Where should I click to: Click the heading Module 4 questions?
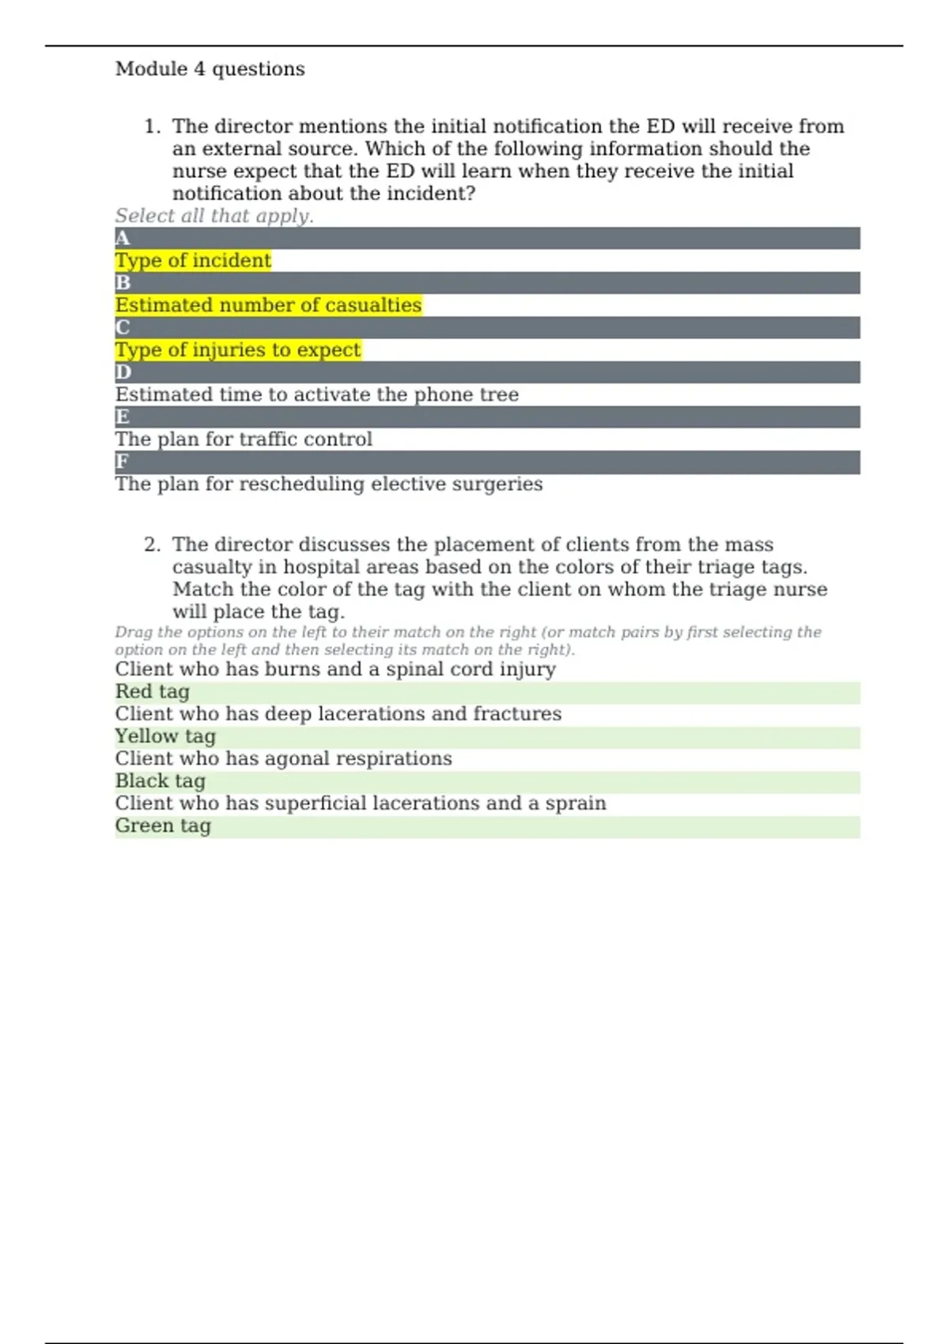point(210,70)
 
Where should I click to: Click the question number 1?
point(152,126)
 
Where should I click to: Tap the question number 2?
point(152,545)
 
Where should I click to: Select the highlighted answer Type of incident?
point(193,261)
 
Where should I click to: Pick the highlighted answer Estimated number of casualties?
point(268,305)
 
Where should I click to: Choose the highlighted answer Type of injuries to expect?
point(237,350)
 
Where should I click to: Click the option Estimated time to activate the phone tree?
point(316,395)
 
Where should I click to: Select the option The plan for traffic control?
point(244,440)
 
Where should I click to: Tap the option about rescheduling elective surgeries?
point(328,484)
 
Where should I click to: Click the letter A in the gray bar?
point(122,239)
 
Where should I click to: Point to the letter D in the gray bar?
point(123,372)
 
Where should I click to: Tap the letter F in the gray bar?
point(122,462)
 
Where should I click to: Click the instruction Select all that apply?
point(214,216)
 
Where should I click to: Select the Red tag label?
point(153,692)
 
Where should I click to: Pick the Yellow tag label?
point(165,737)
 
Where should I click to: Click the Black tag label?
point(160,781)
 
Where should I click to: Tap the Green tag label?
point(163,826)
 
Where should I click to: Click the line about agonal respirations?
point(283,759)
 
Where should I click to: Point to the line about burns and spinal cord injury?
point(335,670)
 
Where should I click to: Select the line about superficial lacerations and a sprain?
point(361,803)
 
